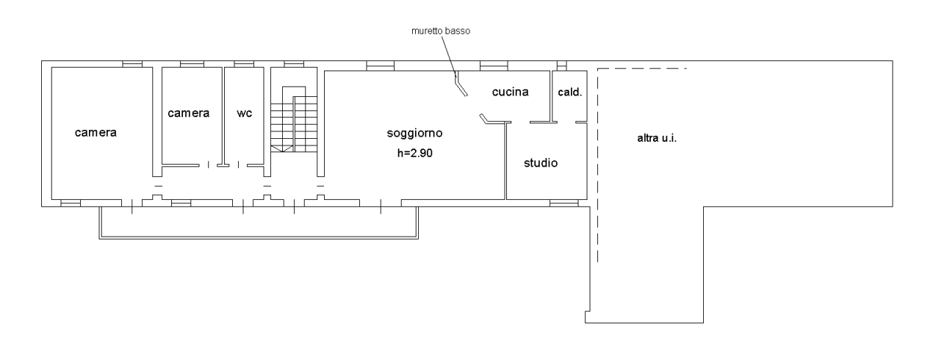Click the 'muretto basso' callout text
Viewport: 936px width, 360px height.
click(x=439, y=32)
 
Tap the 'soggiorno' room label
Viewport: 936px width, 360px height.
click(x=414, y=134)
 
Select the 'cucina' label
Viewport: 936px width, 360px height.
click(x=511, y=91)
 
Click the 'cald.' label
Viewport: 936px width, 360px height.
click(x=570, y=93)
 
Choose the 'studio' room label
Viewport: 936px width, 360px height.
click(x=541, y=162)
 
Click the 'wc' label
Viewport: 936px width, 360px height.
click(x=245, y=113)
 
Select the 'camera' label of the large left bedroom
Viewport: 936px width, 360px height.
click(x=96, y=133)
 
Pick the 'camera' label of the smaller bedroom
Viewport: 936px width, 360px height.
click(x=189, y=113)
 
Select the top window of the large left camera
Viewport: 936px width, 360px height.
click(x=132, y=64)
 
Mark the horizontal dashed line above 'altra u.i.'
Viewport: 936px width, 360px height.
click(x=641, y=69)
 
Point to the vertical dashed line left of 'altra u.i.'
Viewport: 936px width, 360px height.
click(x=597, y=165)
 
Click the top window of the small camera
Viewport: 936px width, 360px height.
click(x=192, y=64)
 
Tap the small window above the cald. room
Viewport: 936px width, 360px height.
click(x=562, y=65)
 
